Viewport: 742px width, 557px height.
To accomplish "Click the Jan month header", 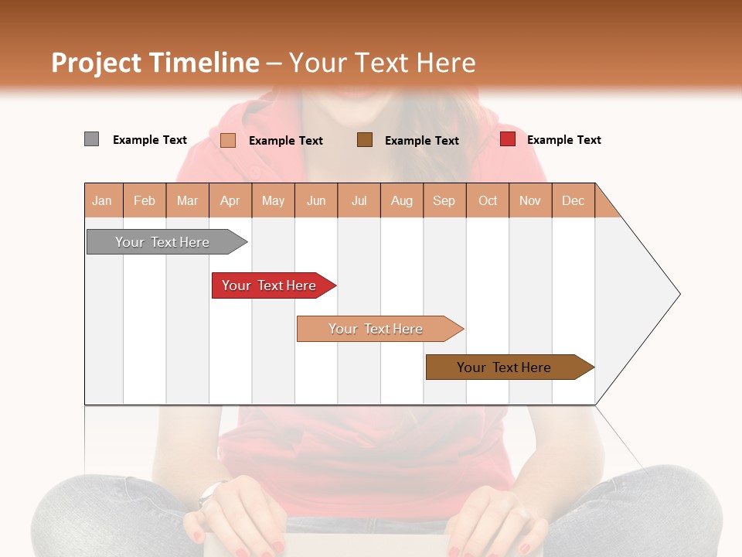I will click(102, 200).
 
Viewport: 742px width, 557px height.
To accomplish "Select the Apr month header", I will click(230, 200).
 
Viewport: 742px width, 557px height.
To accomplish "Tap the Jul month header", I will click(359, 200).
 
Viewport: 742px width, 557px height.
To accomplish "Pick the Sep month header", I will click(444, 200).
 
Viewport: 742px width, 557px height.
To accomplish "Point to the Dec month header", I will click(573, 200).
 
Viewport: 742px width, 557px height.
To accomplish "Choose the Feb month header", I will click(145, 200).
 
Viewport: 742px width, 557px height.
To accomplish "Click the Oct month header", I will click(487, 200).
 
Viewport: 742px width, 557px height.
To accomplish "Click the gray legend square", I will click(91, 139).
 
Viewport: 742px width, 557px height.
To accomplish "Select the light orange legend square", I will click(228, 140).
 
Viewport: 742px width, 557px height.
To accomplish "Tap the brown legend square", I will click(365, 139).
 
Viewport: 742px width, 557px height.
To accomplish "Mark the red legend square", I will click(507, 139).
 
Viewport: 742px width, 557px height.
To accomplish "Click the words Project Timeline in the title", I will click(155, 63).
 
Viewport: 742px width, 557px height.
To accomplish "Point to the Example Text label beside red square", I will click(563, 140).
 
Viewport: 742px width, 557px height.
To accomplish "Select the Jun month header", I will click(316, 200).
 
